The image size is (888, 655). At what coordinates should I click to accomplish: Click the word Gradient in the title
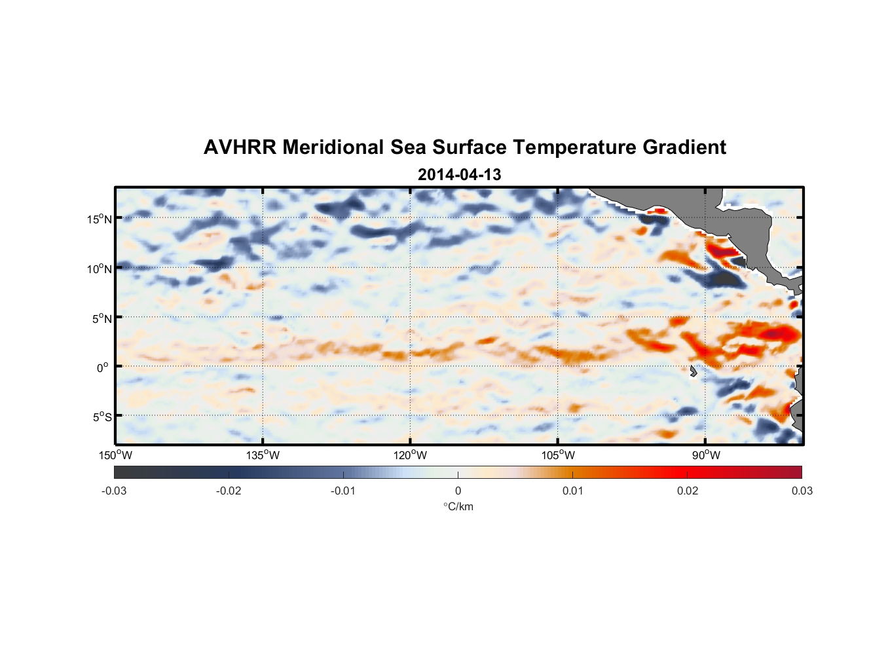tap(684, 147)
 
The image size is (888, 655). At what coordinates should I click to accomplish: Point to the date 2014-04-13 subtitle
tap(459, 175)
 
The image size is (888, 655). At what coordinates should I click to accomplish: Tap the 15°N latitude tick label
tap(100, 219)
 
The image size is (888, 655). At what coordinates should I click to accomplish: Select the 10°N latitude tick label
tap(100, 269)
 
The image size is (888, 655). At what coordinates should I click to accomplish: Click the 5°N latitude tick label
tap(102, 318)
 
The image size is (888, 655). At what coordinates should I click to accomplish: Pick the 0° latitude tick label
tap(103, 367)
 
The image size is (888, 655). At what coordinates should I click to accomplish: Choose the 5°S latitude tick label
tap(102, 417)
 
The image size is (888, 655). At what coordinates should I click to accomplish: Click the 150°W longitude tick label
tap(115, 455)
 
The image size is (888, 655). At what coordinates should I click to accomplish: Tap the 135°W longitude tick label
tap(263, 455)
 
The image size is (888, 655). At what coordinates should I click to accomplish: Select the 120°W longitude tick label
tap(410, 455)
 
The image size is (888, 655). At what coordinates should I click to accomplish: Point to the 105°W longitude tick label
tap(558, 455)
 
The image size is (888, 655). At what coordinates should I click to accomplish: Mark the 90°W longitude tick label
tap(706, 455)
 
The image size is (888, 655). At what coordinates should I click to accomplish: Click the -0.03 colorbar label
tap(114, 491)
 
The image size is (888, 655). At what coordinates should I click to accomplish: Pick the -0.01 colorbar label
tap(343, 491)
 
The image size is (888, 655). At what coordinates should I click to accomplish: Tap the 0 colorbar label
tap(458, 491)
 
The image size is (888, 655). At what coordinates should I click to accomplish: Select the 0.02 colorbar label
tap(688, 491)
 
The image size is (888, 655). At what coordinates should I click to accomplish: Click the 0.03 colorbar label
tap(802, 491)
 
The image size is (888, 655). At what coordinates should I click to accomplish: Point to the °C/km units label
tap(458, 506)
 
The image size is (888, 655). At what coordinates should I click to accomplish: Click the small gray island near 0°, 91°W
tap(693, 371)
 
